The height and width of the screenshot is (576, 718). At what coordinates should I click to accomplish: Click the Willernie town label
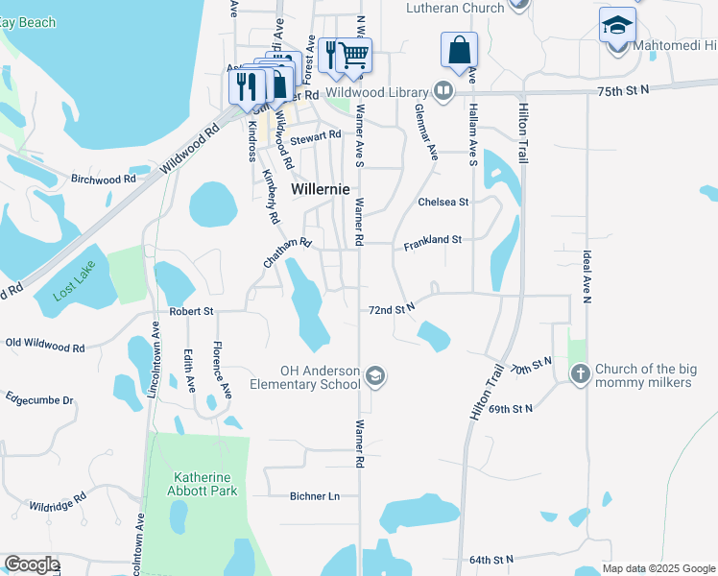point(320,189)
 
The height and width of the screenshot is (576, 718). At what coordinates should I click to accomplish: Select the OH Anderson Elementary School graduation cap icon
point(375,377)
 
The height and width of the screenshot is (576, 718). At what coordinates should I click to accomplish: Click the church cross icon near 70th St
point(580,374)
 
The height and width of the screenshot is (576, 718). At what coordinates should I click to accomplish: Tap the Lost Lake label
point(75,286)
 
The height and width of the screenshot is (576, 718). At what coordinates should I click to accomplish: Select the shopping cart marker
point(354,55)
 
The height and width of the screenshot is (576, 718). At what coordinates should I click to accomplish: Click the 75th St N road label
point(623,88)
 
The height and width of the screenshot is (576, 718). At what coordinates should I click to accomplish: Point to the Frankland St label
point(433,243)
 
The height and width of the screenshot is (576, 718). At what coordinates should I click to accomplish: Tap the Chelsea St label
point(443,203)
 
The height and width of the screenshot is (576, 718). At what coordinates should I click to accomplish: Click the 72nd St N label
point(392,309)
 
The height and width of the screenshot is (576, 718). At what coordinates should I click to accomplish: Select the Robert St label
point(190,312)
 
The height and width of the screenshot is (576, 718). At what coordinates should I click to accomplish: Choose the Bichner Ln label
point(315,496)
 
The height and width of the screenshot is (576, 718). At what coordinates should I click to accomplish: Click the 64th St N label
point(492,559)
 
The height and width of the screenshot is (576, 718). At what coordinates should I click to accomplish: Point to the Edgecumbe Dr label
point(39,398)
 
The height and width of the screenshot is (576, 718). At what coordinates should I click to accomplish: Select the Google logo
point(32,564)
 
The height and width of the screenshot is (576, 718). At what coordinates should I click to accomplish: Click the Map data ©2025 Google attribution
point(658,568)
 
